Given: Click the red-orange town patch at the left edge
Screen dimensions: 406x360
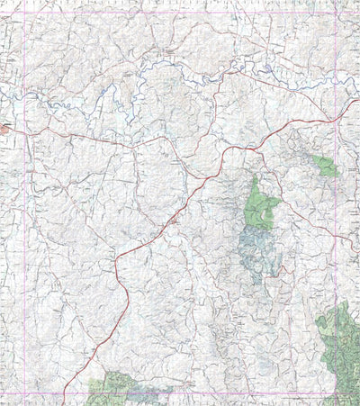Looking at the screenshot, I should (x=4, y=130).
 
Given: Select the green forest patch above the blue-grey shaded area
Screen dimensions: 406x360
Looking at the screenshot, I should (x=262, y=205).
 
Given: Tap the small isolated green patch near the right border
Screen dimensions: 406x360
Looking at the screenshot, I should (x=325, y=167).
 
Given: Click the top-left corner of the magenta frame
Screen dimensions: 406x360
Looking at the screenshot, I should (x=23, y=12).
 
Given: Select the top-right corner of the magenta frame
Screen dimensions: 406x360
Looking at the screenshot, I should (x=336, y=12).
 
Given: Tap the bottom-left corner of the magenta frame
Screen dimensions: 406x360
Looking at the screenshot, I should (x=23, y=393).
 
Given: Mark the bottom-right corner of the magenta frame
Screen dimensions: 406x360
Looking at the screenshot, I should (x=336, y=393).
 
